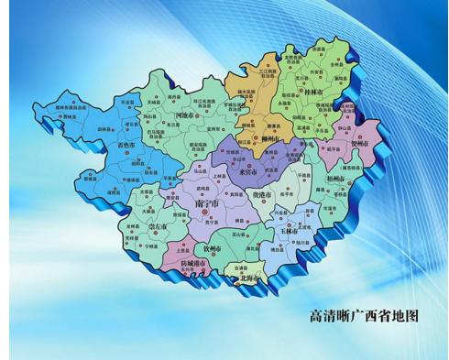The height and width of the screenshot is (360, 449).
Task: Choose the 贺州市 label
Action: click(359, 143)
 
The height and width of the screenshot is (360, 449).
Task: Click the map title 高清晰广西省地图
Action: click(364, 315)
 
